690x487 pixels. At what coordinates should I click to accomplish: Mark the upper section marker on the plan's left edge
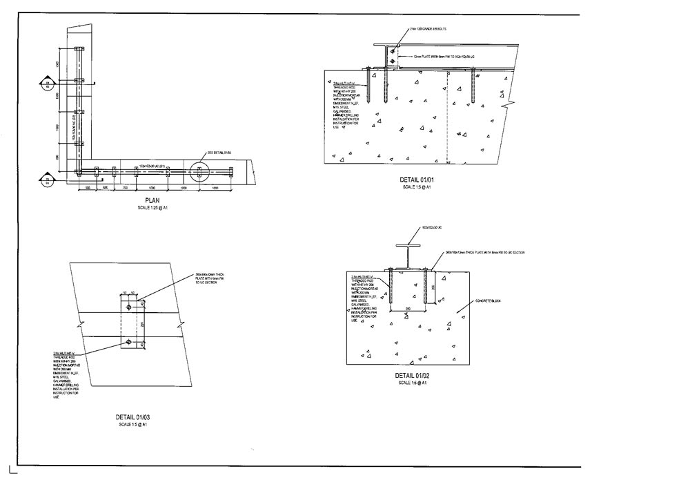click(x=47, y=84)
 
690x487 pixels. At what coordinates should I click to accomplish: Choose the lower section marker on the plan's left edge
click(x=47, y=181)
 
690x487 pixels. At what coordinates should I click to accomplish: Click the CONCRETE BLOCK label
click(x=487, y=302)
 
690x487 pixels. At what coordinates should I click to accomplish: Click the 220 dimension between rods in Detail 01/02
click(x=408, y=309)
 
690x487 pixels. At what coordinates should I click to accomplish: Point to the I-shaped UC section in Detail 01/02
click(x=408, y=256)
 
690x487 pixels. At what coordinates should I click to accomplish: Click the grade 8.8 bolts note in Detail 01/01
click(x=427, y=29)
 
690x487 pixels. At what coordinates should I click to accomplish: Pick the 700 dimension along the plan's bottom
click(x=126, y=188)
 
